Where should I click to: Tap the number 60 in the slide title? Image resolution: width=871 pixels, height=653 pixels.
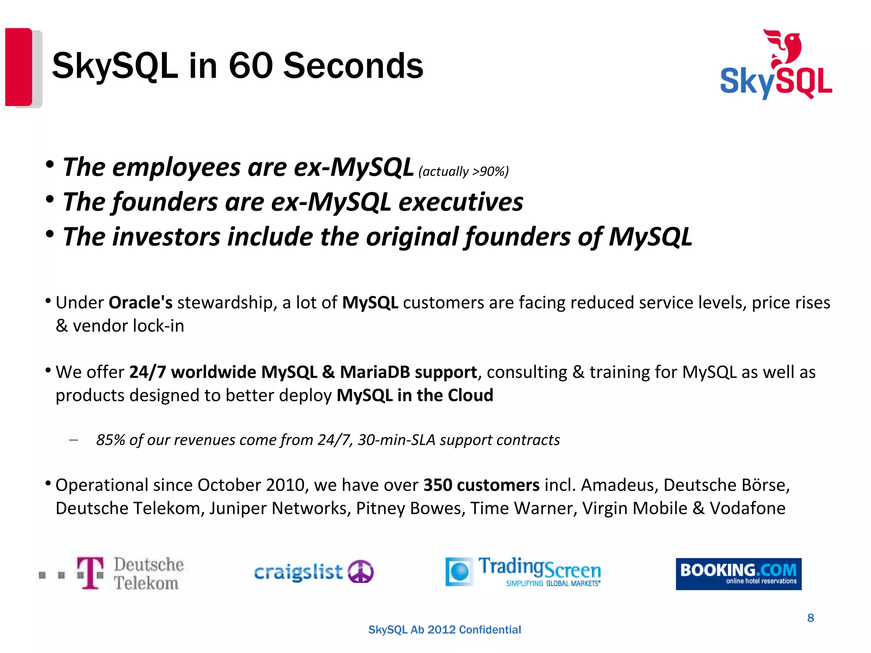pyautogui.click(x=250, y=66)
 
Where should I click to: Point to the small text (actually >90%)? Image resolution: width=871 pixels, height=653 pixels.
pyautogui.click(x=464, y=171)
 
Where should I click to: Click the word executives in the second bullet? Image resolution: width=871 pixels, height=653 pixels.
pyautogui.click(x=461, y=202)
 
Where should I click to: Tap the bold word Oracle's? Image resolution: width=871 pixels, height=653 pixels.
pyautogui.click(x=140, y=303)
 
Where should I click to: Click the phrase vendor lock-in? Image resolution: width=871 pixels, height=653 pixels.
pyautogui.click(x=128, y=326)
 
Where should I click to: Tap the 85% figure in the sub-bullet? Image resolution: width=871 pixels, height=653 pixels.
pyautogui.click(x=110, y=440)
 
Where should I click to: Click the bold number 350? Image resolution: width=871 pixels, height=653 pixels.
pyautogui.click(x=438, y=485)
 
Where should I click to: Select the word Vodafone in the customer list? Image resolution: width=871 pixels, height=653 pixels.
pyautogui.click(x=748, y=508)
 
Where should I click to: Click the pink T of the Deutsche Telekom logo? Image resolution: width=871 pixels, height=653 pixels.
pyautogui.click(x=90, y=573)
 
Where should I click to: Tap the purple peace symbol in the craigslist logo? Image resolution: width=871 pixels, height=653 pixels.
pyautogui.click(x=361, y=571)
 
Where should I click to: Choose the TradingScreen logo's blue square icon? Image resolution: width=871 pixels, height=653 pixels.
pyautogui.click(x=459, y=572)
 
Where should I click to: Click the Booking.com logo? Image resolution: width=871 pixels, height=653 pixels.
pyautogui.click(x=738, y=574)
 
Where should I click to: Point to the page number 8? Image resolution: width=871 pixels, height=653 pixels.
pyautogui.click(x=811, y=618)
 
